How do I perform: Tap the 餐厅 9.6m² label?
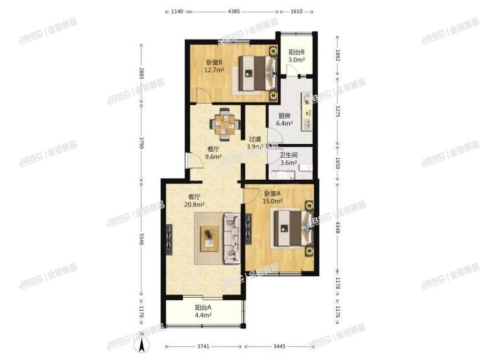(x=214, y=152)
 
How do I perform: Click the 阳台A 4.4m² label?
(x=203, y=312)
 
